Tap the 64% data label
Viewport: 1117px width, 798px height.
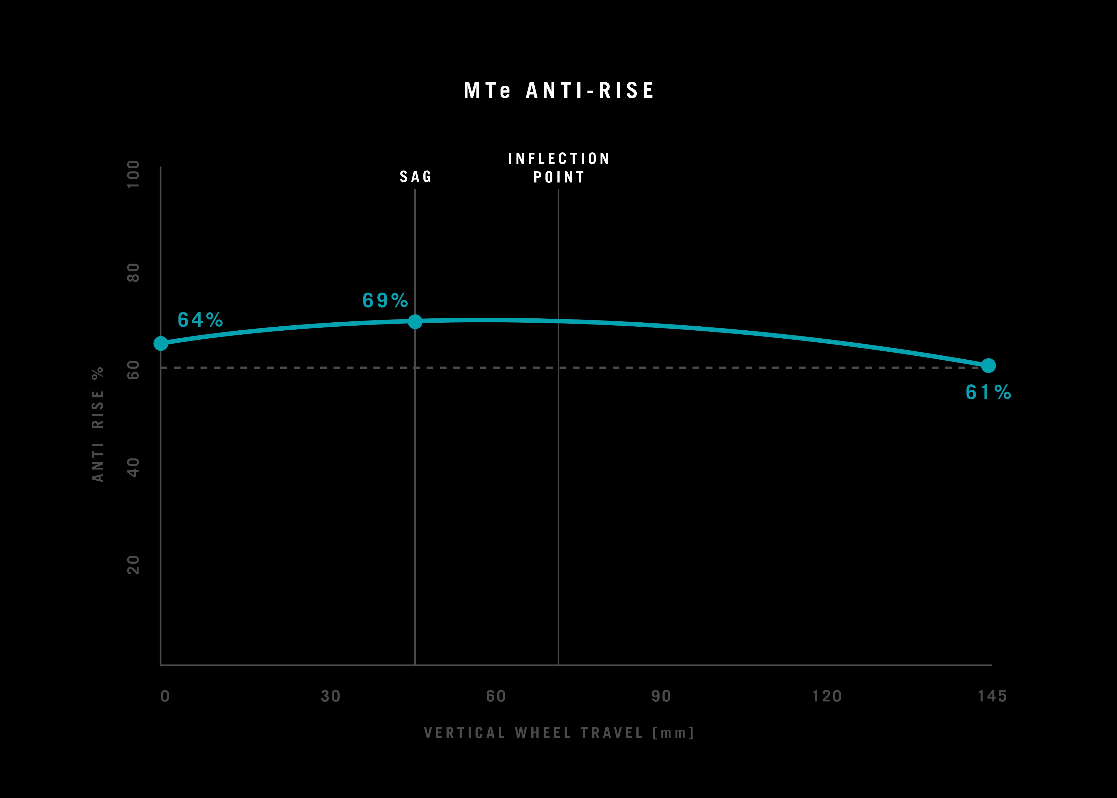tap(200, 320)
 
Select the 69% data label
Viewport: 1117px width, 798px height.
tap(385, 300)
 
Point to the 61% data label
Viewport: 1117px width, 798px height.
tap(988, 392)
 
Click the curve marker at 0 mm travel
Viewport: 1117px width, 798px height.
tap(161, 343)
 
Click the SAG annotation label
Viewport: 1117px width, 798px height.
tap(416, 176)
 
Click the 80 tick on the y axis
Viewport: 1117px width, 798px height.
tap(133, 273)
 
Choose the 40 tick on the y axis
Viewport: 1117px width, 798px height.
tap(133, 467)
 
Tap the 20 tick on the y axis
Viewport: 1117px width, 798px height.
tap(133, 565)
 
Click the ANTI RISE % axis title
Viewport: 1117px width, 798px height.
tap(98, 425)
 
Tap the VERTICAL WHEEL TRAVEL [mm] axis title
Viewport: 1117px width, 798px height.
tap(559, 733)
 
